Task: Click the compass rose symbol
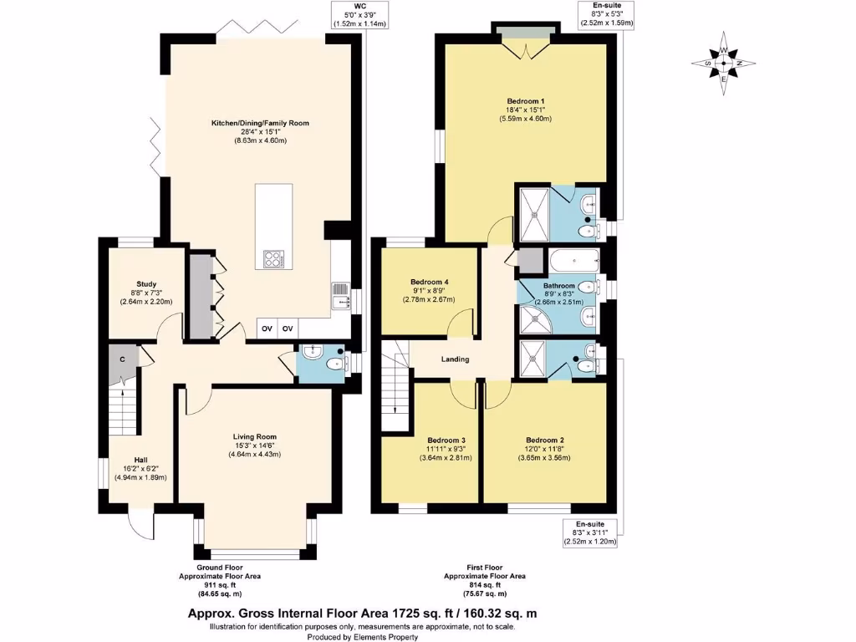724,64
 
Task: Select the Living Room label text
254,436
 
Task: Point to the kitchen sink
340,300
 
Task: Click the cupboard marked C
122,359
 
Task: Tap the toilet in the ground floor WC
333,363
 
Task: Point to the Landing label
455,359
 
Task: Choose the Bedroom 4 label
429,282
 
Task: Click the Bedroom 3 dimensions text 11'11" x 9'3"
446,448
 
